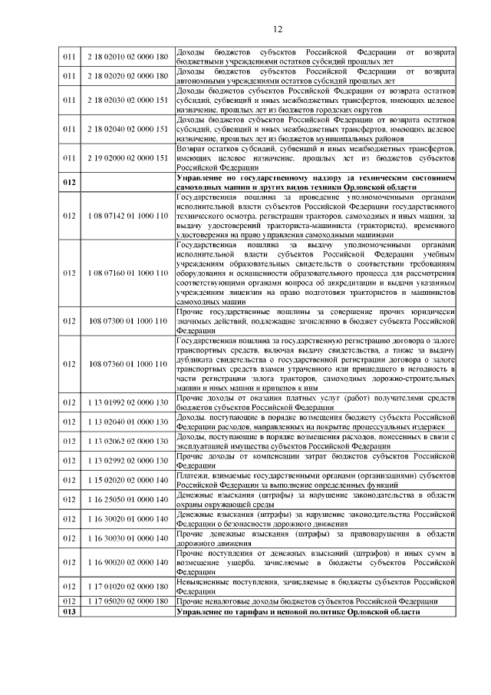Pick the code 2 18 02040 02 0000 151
127,128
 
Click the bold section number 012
71,182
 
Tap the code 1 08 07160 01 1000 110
127,273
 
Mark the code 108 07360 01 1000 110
127,363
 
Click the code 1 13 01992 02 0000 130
127,402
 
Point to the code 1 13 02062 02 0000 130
127,441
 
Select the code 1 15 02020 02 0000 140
127,480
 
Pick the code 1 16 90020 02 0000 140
127,562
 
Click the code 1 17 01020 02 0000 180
127,586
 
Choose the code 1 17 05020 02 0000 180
127,601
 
